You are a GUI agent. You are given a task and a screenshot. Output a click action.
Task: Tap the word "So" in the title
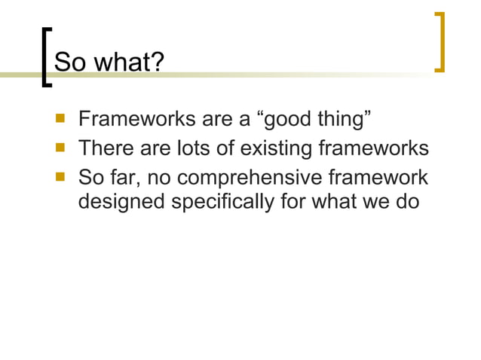71,63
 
